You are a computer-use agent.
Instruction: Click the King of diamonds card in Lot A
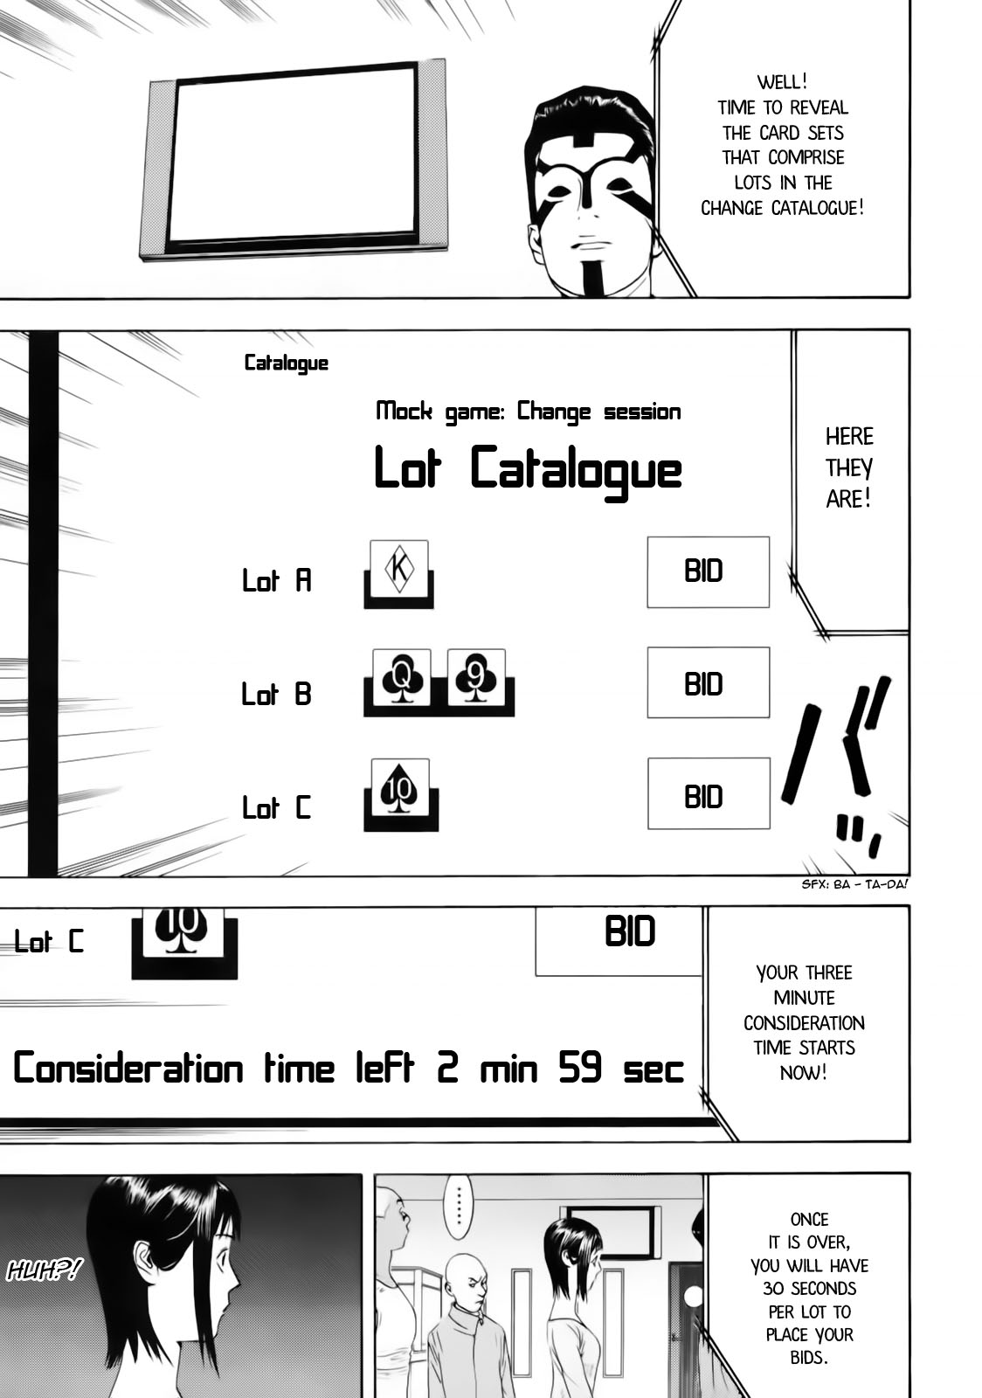click(399, 569)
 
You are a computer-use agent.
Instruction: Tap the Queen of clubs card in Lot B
click(401, 677)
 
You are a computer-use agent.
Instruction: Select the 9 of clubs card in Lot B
click(476, 677)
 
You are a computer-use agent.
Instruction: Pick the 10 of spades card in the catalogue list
click(400, 787)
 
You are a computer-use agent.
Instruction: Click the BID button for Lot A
click(708, 572)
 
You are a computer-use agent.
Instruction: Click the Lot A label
click(277, 580)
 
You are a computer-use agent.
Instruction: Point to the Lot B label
click(277, 694)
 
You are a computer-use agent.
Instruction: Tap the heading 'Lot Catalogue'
click(528, 469)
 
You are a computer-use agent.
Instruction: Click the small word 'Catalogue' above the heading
click(287, 363)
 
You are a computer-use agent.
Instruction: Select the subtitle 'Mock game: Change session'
click(528, 411)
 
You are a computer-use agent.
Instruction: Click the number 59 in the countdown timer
click(580, 1069)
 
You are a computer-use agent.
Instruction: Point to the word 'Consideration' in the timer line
click(128, 1069)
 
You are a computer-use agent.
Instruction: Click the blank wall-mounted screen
click(294, 157)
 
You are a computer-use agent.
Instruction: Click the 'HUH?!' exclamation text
click(44, 1270)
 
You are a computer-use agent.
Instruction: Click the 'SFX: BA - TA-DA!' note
click(854, 883)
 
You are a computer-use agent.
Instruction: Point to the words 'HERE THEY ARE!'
click(848, 467)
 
